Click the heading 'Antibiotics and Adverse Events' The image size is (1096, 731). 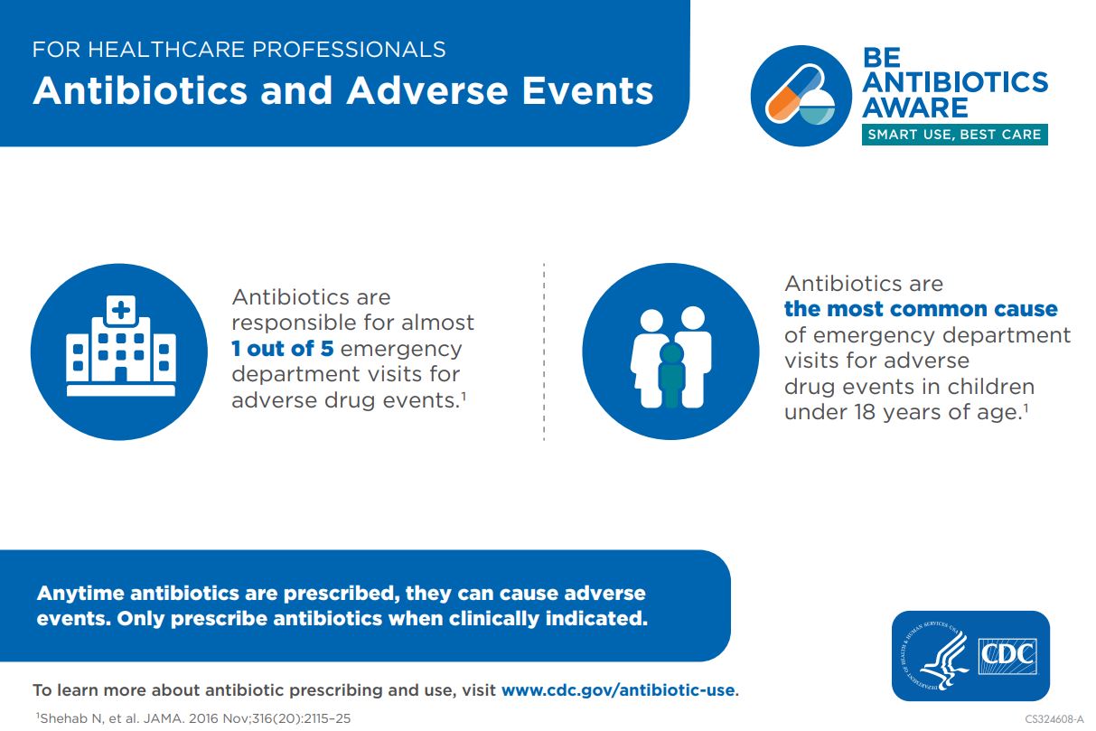tap(343, 91)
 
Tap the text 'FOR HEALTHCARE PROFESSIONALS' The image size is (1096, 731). tap(239, 49)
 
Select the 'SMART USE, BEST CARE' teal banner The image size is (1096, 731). tap(954, 135)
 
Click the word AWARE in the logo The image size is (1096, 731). tap(914, 108)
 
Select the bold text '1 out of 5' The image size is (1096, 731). tap(282, 348)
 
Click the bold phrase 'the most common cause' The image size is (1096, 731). tap(920, 309)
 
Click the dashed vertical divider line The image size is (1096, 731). tap(544, 352)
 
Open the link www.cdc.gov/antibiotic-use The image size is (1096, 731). tap(618, 690)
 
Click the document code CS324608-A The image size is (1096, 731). tap(1054, 719)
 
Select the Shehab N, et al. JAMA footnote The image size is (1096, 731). tap(192, 719)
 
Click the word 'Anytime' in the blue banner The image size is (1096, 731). tap(80, 594)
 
